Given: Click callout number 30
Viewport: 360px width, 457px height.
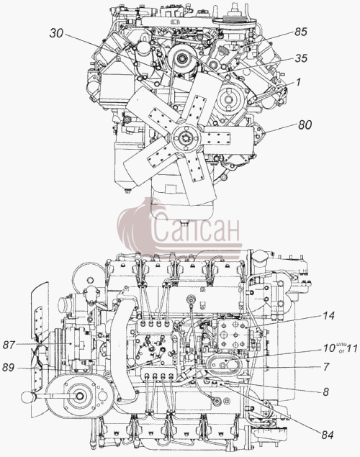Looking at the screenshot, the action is [x=56, y=33].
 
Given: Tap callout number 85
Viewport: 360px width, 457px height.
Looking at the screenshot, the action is [x=301, y=32].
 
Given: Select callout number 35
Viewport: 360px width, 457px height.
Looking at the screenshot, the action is [x=301, y=58].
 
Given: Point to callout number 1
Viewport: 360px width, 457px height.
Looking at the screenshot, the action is [x=298, y=82].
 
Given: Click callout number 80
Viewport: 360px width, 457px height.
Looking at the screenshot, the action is [x=305, y=125].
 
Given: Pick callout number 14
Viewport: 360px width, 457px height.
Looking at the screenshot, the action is [x=328, y=316].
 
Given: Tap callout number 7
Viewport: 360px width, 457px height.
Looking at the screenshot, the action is [x=326, y=366].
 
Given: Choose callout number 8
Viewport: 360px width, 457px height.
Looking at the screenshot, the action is [x=325, y=392].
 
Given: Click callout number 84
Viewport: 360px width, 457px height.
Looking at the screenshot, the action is [x=327, y=435].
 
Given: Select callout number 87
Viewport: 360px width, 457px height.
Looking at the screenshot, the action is [x=9, y=345].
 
